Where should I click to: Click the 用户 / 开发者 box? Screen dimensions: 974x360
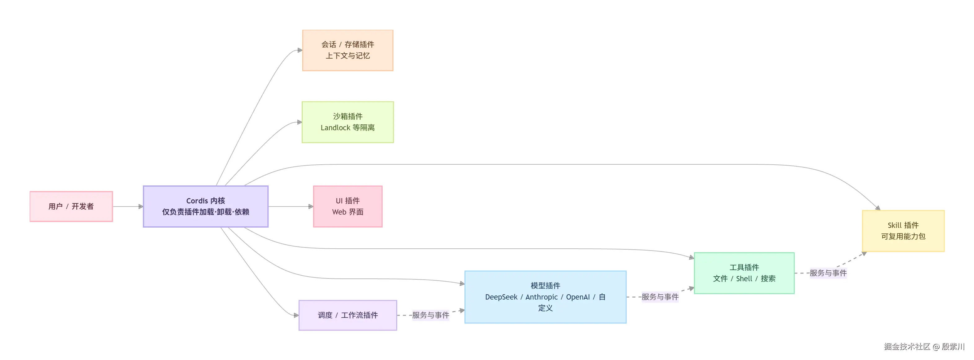coord(71,207)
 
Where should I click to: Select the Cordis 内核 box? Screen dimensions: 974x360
coord(206,207)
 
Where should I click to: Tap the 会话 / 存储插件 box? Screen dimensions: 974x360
coord(348,50)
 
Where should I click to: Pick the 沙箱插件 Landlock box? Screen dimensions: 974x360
coord(348,122)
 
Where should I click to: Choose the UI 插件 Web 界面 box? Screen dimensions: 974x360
coord(348,207)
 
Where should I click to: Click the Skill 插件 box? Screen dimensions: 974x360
coord(903,231)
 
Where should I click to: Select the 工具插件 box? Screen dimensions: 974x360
coord(744,273)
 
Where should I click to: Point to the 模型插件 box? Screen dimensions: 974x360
coord(545,297)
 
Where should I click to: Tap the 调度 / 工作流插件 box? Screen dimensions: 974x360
coord(348,315)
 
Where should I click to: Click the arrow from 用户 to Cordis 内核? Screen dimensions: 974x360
coord(128,207)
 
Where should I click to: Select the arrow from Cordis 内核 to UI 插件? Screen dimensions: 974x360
coord(291,207)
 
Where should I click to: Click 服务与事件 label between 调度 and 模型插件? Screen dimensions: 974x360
coord(431,315)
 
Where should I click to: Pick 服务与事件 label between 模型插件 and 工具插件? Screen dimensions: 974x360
coord(660,297)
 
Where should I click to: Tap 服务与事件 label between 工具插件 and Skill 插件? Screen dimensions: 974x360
coord(828,273)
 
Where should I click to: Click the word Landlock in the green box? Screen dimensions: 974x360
coord(336,128)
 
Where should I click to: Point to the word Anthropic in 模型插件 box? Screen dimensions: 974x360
coord(541,297)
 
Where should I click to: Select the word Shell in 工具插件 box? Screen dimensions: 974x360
coord(744,279)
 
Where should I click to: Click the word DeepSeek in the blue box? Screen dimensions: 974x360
coord(501,297)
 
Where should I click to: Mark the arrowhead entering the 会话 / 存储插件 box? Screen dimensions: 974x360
coord(300,50)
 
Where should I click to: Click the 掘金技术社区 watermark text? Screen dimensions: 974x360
coord(907,346)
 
